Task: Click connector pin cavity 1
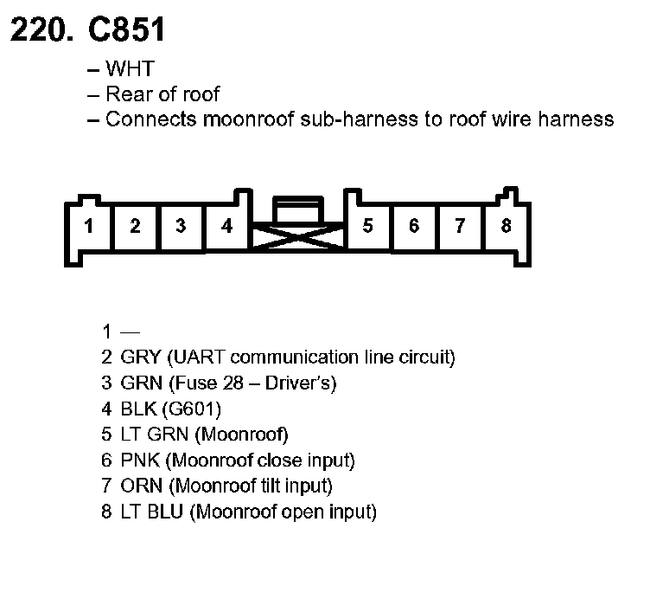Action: [x=89, y=227]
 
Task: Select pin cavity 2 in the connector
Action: [x=135, y=227]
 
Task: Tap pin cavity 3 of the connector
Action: [x=181, y=227]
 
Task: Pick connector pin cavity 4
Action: [x=226, y=227]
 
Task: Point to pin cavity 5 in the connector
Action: [x=367, y=227]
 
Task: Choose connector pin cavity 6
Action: [x=414, y=227]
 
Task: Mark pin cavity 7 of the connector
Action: [x=460, y=227]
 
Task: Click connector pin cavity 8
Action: [x=506, y=227]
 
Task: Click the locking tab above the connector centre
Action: [x=296, y=208]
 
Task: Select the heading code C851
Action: [x=126, y=31]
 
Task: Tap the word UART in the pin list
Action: [x=198, y=357]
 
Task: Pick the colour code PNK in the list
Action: [x=139, y=461]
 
